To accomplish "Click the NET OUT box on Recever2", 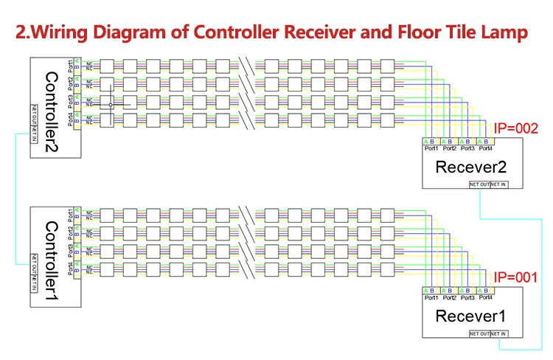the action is pyautogui.click(x=479, y=184).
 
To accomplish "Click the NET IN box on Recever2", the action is pyautogui.click(x=498, y=184).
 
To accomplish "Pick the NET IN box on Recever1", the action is pyautogui.click(x=498, y=334).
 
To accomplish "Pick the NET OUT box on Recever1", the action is pyautogui.click(x=480, y=334).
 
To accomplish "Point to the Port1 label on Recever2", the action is pyautogui.click(x=431, y=148).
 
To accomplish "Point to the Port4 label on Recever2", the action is pyautogui.click(x=485, y=148).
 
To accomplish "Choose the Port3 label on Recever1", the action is pyautogui.click(x=467, y=298).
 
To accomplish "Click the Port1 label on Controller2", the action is pyautogui.click(x=71, y=64).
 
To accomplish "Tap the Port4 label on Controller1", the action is pyautogui.click(x=71, y=268).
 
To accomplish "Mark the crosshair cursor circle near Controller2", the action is pyautogui.click(x=111, y=105).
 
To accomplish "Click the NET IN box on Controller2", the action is pyautogui.click(x=34, y=136).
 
